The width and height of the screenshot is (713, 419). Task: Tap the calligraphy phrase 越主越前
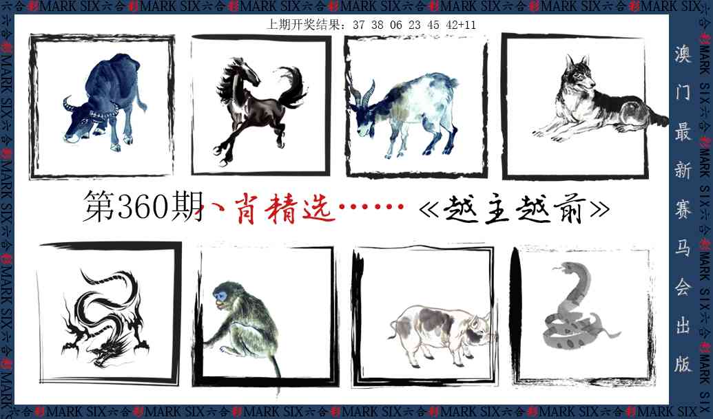pyautogui.click(x=514, y=208)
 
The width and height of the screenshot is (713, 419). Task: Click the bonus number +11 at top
pyautogui.click(x=468, y=25)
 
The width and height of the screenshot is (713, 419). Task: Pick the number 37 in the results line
pyautogui.click(x=358, y=25)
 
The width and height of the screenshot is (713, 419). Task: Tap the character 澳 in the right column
pyautogui.click(x=682, y=52)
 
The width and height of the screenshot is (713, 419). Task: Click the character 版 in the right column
pyautogui.click(x=682, y=365)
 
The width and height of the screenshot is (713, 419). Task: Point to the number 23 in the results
pyautogui.click(x=414, y=25)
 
